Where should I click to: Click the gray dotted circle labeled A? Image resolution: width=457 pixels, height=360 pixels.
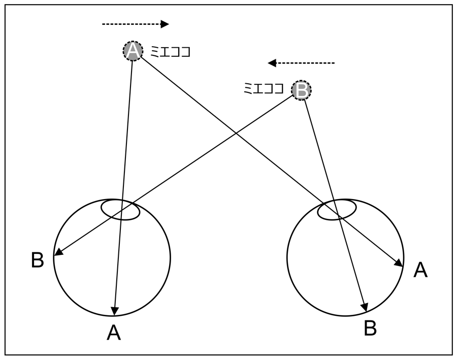coord(133,51)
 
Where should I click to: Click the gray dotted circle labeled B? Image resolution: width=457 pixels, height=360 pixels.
coord(301,90)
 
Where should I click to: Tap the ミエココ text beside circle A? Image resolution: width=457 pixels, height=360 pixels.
coord(171,51)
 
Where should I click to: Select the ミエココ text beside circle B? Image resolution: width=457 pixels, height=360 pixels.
coord(264,89)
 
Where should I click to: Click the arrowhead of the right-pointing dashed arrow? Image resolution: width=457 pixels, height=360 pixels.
coord(165,24)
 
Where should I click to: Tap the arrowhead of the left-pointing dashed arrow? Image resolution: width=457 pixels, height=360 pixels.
coord(272,63)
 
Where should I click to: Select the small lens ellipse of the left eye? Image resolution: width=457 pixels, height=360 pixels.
coord(120,210)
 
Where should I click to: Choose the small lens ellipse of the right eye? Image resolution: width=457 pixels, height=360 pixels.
coord(337,210)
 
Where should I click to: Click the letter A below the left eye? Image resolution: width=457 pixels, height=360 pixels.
coord(114,333)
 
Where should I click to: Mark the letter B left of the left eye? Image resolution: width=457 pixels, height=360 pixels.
coord(38,260)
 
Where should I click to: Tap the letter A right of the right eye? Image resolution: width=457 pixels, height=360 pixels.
coord(420,270)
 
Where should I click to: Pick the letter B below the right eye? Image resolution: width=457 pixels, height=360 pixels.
coord(370,329)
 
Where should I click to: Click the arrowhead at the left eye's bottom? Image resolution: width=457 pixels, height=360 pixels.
coord(115,310)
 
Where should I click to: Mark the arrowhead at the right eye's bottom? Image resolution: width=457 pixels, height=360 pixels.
coord(364,307)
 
